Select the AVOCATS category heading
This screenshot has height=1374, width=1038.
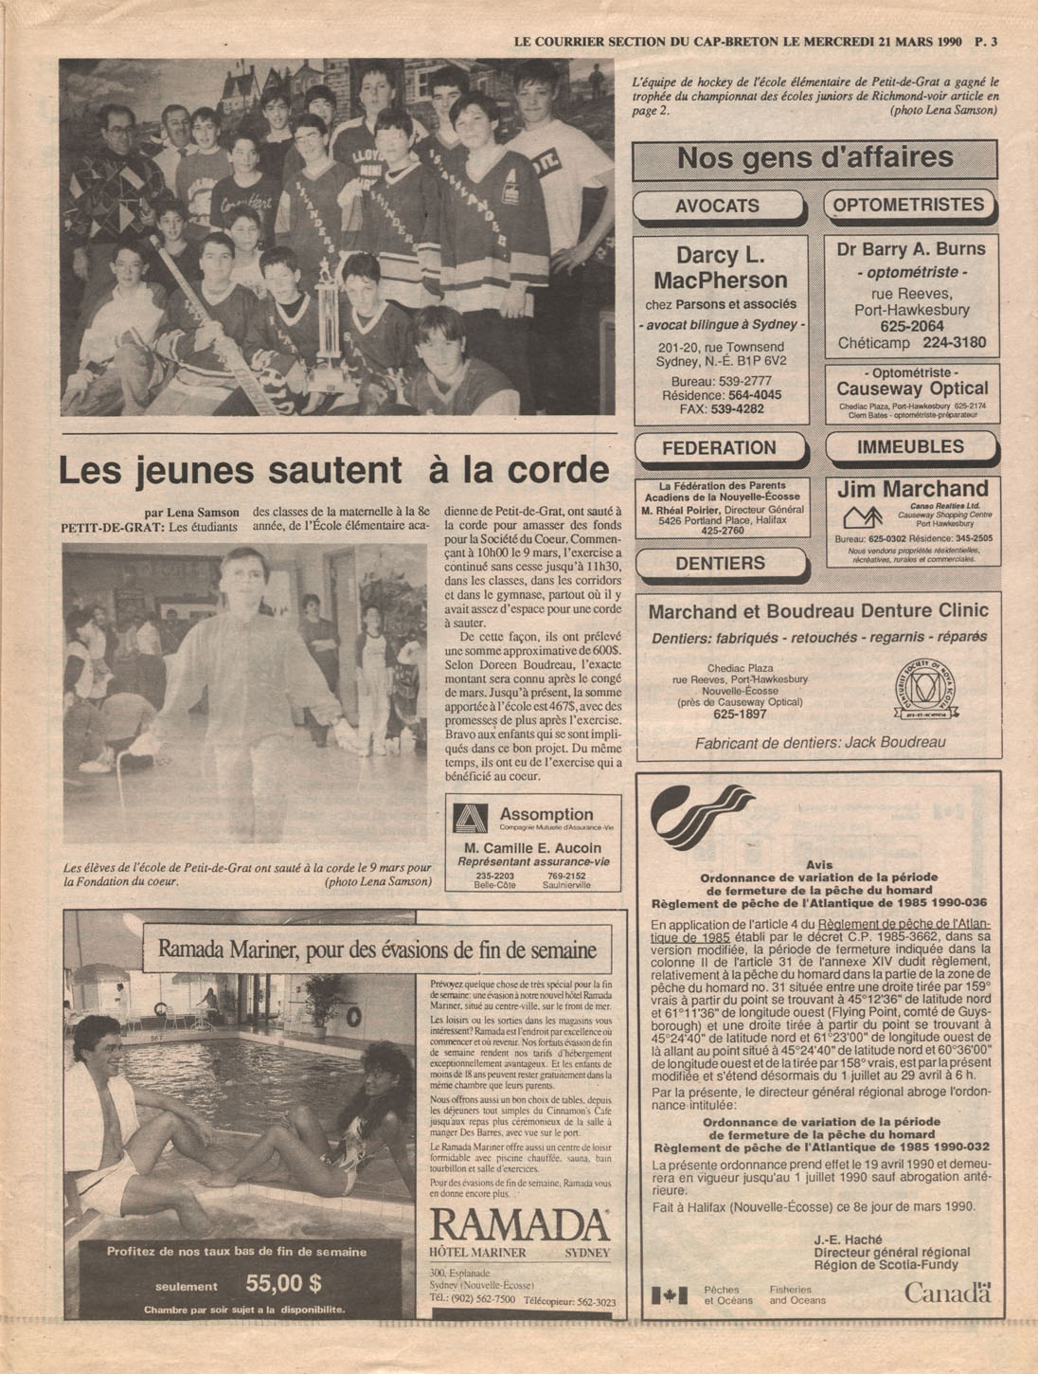pyautogui.click(x=717, y=206)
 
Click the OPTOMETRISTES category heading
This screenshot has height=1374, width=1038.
pyautogui.click(x=908, y=205)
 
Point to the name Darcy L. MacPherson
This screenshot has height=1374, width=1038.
pyautogui.click(x=720, y=268)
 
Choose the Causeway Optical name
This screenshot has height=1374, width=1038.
pyautogui.click(x=911, y=389)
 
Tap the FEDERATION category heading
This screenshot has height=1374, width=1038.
pyautogui.click(x=719, y=448)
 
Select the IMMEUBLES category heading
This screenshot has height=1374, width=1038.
pyautogui.click(x=910, y=446)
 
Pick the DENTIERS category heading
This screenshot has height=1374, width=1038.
pyautogui.click(x=720, y=563)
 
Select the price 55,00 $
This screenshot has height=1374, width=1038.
pyautogui.click(x=283, y=1285)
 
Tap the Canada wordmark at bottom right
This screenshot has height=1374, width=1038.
pyautogui.click(x=946, y=1292)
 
